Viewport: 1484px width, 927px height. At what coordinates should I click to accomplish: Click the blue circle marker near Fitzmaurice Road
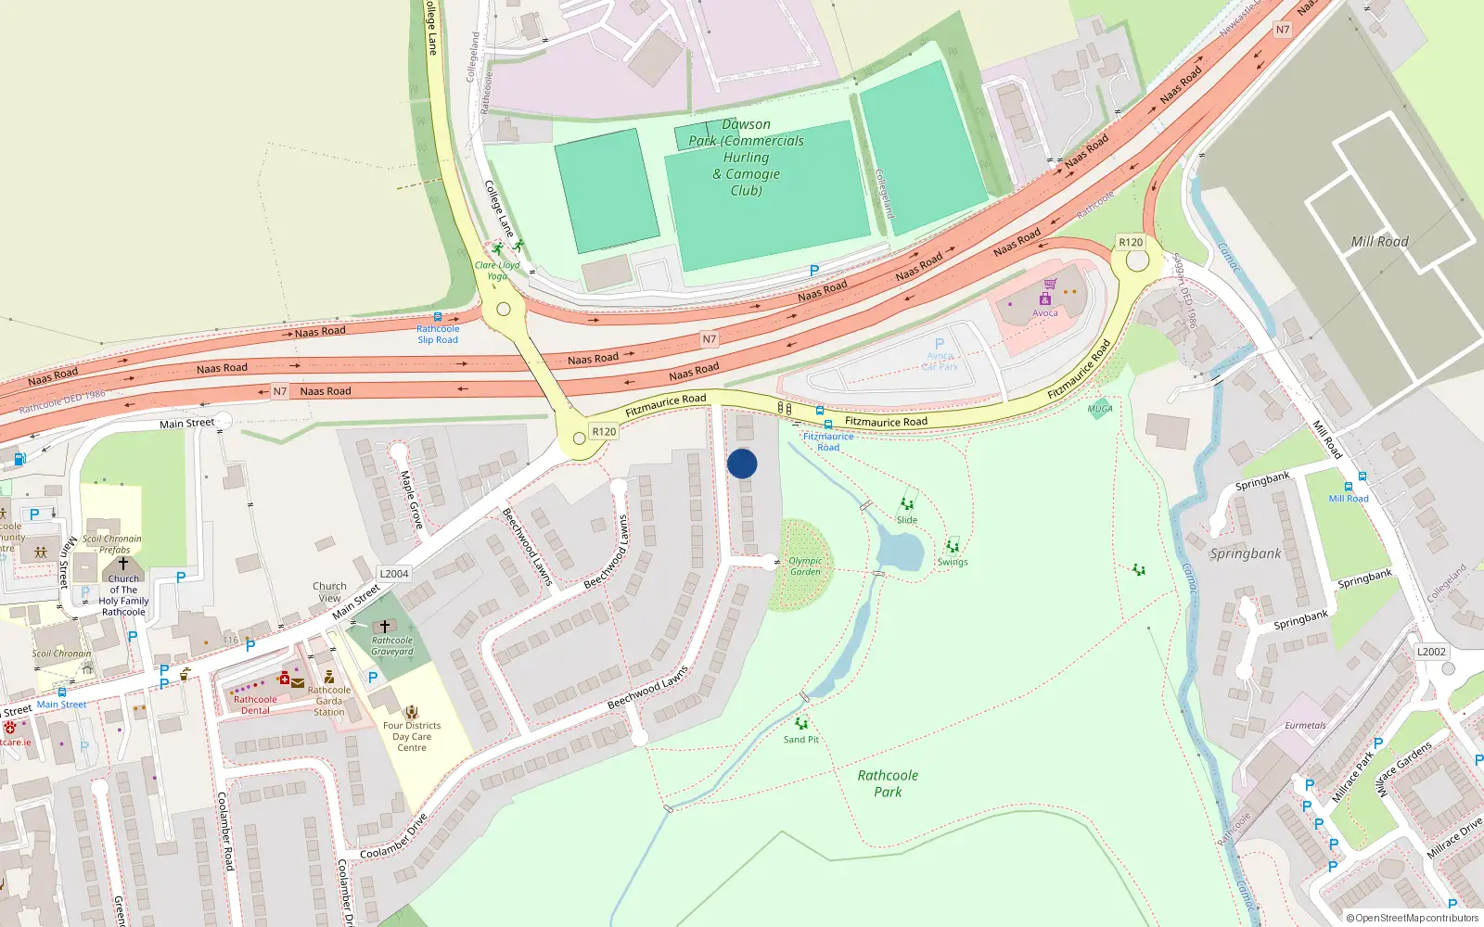click(x=742, y=463)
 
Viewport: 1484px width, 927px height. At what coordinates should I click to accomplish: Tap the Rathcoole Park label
click(x=888, y=783)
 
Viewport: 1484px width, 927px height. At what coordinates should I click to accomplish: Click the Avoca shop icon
click(x=1045, y=298)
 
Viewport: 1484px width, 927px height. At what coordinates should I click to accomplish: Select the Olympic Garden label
click(x=805, y=566)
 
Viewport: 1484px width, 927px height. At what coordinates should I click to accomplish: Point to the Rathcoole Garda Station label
click(x=329, y=701)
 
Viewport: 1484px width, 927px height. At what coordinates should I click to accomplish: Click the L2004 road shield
click(x=394, y=574)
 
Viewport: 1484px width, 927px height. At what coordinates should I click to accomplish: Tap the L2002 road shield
click(x=1431, y=652)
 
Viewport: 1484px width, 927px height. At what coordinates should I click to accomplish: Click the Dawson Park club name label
click(x=747, y=158)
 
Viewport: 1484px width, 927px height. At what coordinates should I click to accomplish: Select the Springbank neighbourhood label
click(x=1246, y=553)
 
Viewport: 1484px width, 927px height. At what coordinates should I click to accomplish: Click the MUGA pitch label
click(x=1100, y=409)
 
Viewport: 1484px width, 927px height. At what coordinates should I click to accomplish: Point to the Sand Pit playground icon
click(x=801, y=724)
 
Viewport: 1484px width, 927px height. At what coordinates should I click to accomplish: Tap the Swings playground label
click(x=953, y=562)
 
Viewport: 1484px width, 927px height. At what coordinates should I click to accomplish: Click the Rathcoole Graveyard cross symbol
click(x=385, y=627)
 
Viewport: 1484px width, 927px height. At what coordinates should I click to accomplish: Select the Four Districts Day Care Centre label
click(x=412, y=736)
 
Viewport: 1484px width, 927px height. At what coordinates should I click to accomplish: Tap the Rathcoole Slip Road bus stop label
click(x=438, y=334)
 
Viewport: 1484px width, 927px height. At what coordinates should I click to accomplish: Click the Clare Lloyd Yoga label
click(x=497, y=270)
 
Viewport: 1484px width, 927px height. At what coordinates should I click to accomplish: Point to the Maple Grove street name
click(x=411, y=500)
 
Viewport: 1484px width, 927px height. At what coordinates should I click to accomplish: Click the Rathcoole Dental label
click(x=255, y=705)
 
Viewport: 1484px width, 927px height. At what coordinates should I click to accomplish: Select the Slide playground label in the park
click(x=907, y=520)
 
